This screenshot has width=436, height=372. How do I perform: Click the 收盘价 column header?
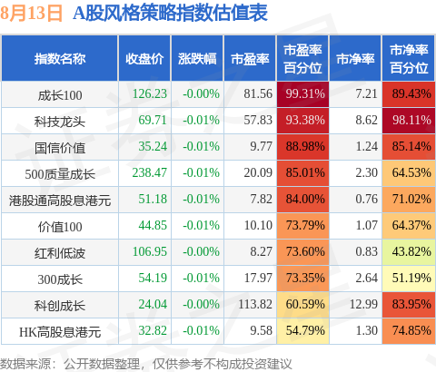point(144,59)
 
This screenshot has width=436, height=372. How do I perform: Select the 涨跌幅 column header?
point(197,59)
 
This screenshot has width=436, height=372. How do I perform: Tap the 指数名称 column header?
point(60,59)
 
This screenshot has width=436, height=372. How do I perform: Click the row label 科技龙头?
point(60,122)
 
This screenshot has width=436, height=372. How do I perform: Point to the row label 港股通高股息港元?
point(60,201)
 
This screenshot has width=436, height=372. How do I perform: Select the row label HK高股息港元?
point(60,332)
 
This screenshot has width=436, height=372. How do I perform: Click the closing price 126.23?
point(150,93)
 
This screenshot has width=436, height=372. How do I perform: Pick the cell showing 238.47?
point(150,172)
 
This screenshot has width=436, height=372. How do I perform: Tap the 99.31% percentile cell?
point(302,94)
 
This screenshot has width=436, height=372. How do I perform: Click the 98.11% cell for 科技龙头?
point(409,121)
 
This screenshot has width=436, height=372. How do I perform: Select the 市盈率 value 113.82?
point(255,304)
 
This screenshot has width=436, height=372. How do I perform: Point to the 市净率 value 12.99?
point(363,304)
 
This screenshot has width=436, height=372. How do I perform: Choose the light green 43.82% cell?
point(409,252)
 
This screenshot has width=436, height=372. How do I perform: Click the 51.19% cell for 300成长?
point(409,279)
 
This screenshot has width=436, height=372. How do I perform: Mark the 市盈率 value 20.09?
point(258,172)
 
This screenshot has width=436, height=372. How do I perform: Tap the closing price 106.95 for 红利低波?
point(150,251)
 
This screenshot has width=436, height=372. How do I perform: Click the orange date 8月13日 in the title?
point(31,14)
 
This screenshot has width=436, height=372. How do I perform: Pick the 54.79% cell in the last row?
point(302,331)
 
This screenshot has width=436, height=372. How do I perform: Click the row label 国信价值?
point(60,148)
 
